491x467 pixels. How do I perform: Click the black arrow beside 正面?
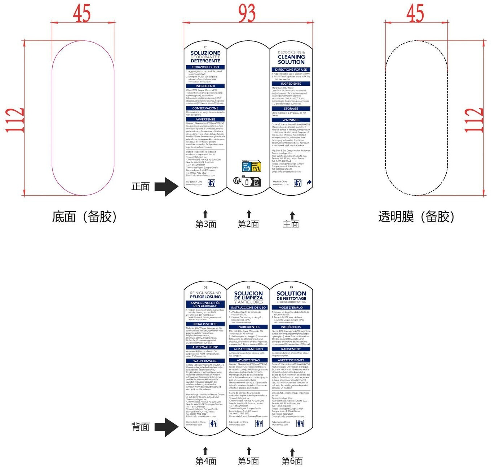[x=167, y=187]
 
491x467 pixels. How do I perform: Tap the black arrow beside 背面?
[x=167, y=427]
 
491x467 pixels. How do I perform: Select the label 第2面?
[x=248, y=224]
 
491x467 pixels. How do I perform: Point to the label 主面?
[x=291, y=224]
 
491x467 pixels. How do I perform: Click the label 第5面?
[x=248, y=461]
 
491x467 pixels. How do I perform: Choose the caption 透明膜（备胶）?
[x=416, y=217]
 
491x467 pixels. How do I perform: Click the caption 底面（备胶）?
[x=84, y=217]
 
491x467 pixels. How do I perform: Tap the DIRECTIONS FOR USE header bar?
[x=291, y=70]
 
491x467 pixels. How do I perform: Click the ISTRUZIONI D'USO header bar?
[x=205, y=67]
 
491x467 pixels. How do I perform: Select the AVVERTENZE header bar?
[x=205, y=119]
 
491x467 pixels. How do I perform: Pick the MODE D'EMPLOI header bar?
[x=291, y=307]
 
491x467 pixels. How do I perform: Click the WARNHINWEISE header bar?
[x=205, y=361]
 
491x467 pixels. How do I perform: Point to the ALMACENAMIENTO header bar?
[x=248, y=349]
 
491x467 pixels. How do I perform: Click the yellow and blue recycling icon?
[x=251, y=166]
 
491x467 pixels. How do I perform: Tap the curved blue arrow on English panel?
[x=309, y=183]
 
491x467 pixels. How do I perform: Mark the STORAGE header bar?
[x=291, y=108]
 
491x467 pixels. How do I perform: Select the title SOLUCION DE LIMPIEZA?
[x=248, y=295]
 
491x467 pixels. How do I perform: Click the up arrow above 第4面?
[x=205, y=451]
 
